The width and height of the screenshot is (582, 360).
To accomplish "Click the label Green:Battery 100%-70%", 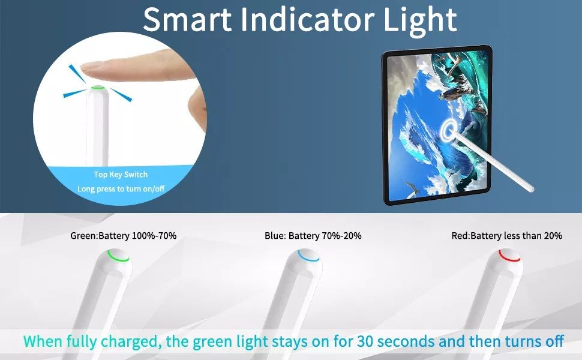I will pyautogui.click(x=124, y=236).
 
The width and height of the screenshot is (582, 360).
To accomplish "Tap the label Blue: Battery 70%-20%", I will pyautogui.click(x=313, y=236).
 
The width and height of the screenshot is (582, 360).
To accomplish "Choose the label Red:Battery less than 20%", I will pyautogui.click(x=507, y=236).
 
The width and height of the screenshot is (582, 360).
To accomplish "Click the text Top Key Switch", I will pyautogui.click(x=121, y=175).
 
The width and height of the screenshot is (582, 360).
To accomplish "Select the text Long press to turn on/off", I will pyautogui.click(x=121, y=189).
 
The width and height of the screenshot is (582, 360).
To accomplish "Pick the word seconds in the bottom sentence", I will pyautogui.click(x=411, y=342).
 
